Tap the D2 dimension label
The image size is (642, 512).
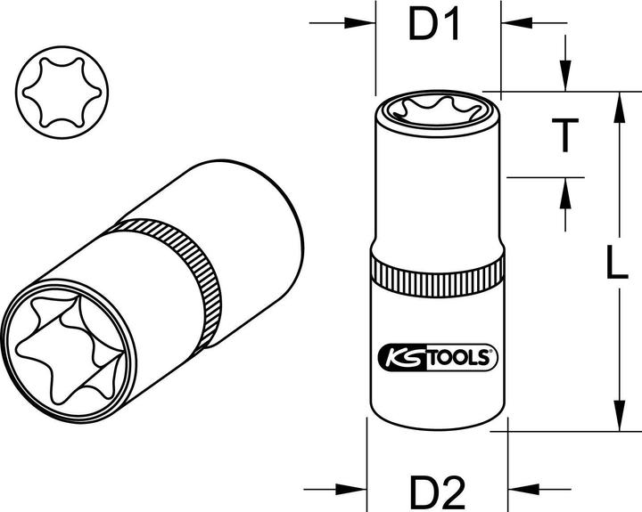click(x=438, y=489)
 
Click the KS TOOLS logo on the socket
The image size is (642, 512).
click(x=434, y=358)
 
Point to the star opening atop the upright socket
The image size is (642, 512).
click(x=434, y=118)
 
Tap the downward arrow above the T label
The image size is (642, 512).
click(x=563, y=78)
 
